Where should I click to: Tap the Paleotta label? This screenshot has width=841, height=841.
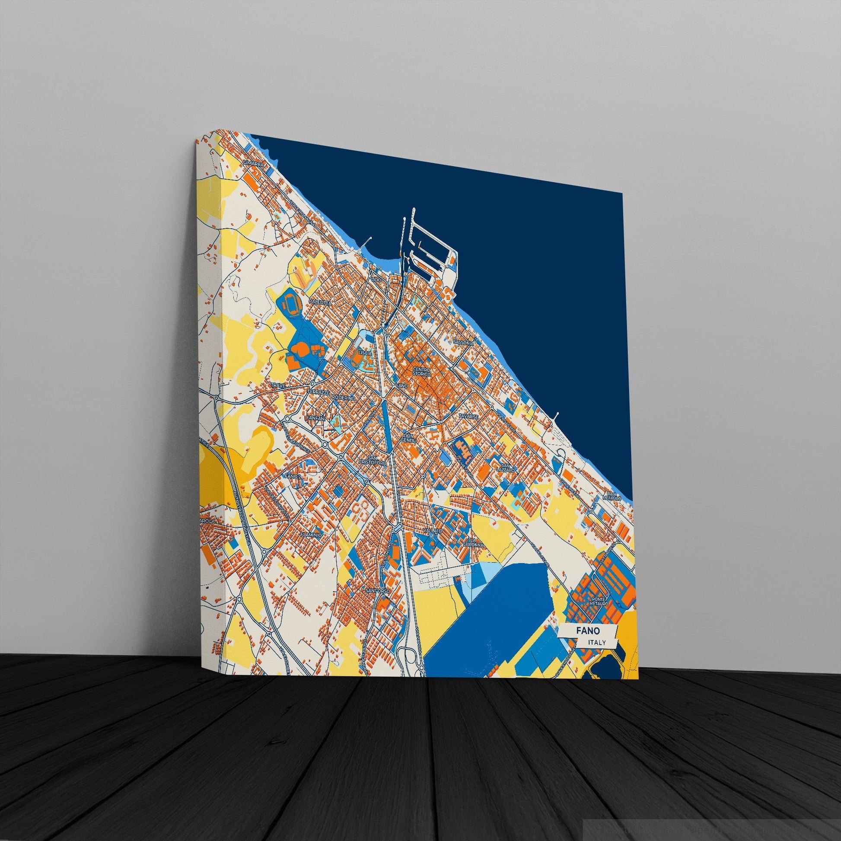[320, 301]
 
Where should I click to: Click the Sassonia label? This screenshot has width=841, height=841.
[463, 343]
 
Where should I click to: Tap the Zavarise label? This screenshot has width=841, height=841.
[468, 417]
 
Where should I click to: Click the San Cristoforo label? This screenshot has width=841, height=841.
[371, 460]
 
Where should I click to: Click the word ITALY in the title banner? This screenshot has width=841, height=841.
[596, 642]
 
